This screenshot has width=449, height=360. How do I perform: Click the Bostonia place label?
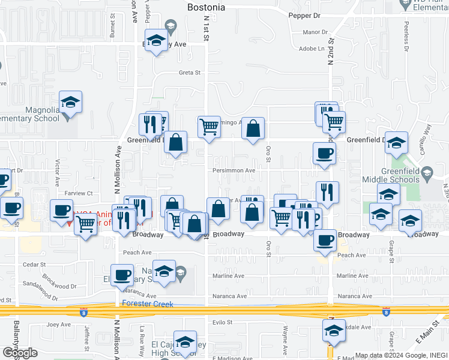(206, 8)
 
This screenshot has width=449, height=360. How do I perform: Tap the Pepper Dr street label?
(304, 15)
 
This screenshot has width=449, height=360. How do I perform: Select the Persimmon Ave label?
(233, 170)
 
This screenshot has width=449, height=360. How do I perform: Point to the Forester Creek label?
(148, 304)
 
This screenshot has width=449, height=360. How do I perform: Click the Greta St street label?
(188, 73)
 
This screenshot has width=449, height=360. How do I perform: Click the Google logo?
(20, 353)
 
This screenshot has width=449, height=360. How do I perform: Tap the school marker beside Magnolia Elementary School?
(70, 103)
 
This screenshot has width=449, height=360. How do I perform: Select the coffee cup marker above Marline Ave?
(122, 275)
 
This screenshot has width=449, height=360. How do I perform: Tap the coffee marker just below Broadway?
(325, 240)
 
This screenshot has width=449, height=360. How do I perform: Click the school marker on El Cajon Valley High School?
(185, 342)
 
